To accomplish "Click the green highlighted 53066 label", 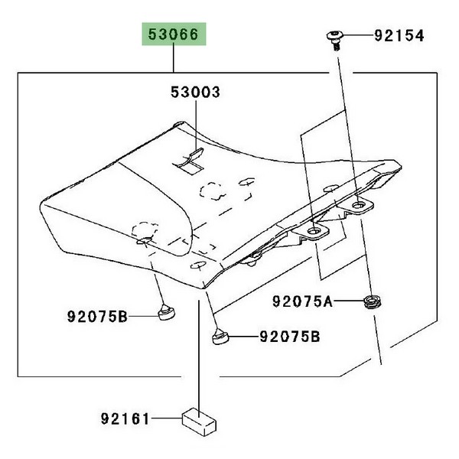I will [x=173, y=35].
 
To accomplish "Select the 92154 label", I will [x=399, y=35].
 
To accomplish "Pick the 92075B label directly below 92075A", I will [x=288, y=336].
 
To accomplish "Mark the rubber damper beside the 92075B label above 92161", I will [x=167, y=312].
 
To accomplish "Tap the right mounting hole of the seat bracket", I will [x=358, y=205].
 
